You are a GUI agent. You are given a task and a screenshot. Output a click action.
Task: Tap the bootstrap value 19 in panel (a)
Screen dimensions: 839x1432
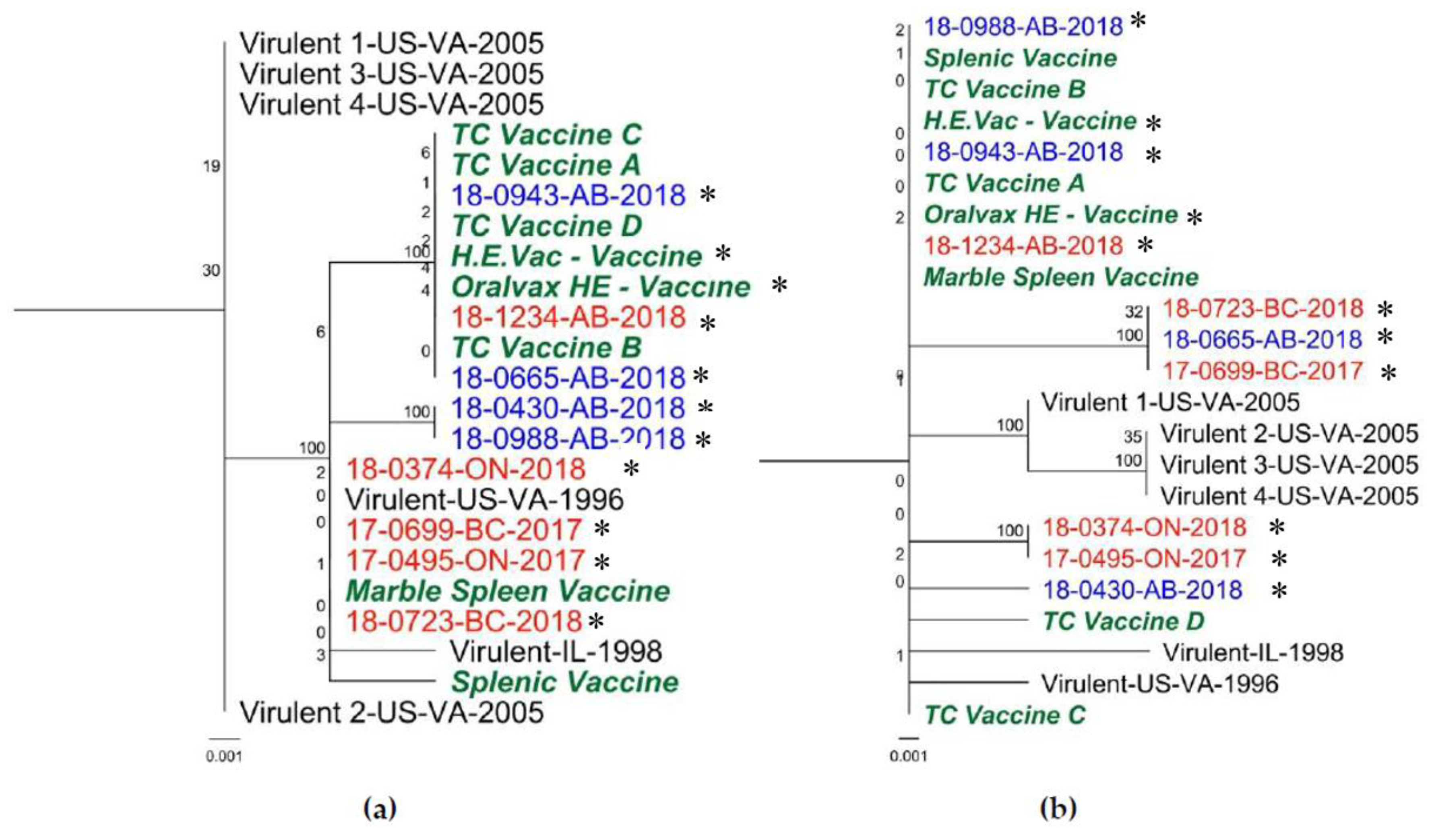(x=211, y=166)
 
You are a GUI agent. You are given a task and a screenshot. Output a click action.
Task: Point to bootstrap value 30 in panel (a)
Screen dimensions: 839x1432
(x=211, y=271)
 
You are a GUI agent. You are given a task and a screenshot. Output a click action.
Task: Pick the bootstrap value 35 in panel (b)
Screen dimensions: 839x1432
(x=1132, y=437)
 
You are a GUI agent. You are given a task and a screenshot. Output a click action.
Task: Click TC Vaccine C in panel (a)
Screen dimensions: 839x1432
(x=547, y=135)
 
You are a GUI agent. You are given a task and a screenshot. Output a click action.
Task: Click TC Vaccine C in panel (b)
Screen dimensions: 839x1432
(x=1005, y=715)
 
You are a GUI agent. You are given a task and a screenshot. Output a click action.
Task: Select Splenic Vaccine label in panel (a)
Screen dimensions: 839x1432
(x=565, y=682)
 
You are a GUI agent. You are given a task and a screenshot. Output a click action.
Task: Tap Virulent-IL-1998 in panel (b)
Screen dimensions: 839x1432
(x=1253, y=652)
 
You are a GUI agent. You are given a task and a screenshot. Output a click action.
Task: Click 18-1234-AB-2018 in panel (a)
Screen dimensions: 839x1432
(x=568, y=317)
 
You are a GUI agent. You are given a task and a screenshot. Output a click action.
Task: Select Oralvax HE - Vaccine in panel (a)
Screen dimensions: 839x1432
(x=601, y=287)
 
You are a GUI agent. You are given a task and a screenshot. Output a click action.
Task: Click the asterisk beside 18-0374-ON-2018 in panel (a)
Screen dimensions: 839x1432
(x=631, y=469)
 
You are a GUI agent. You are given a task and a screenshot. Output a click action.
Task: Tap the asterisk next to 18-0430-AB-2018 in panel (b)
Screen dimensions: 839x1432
(x=1279, y=591)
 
